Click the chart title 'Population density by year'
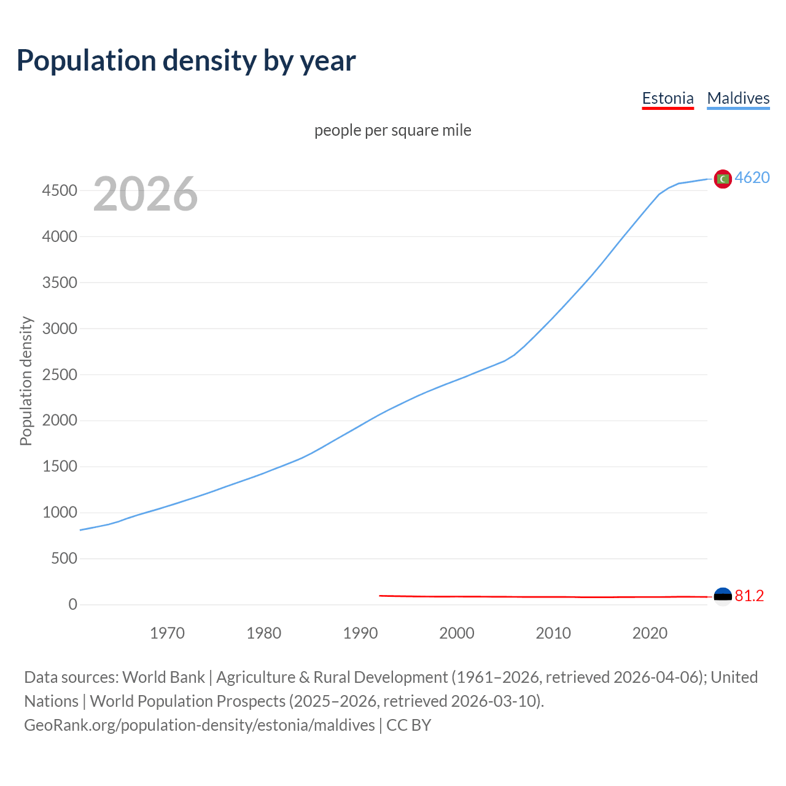point(186,61)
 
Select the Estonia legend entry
point(667,98)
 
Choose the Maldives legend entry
point(738,98)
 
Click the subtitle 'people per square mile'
point(392,130)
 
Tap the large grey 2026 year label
point(146,194)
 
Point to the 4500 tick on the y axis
point(60,190)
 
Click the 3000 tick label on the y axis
point(60,329)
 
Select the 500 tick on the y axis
point(64,558)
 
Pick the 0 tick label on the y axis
point(73,604)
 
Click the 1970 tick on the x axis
point(167,633)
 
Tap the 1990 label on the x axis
point(360,633)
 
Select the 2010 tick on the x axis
point(553,633)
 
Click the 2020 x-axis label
point(650,633)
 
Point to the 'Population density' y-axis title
point(26,381)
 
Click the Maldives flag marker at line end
point(723,179)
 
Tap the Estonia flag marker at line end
point(723,596)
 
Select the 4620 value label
point(752,177)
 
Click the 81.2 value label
point(749,596)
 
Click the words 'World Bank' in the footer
point(163,677)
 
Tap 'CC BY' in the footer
point(408,725)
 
